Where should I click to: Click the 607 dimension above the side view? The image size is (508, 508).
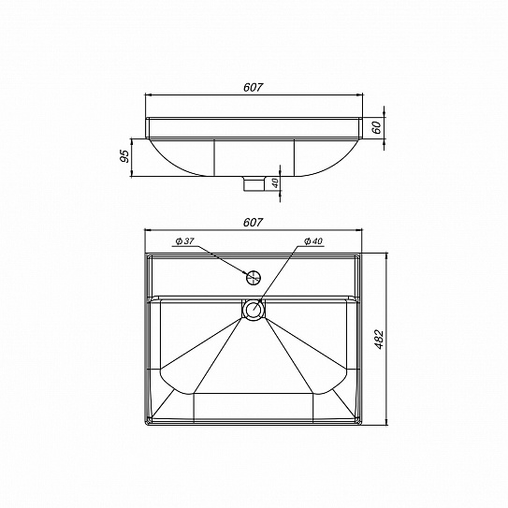click(x=254, y=88)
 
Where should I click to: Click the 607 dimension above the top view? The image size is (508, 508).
click(x=254, y=223)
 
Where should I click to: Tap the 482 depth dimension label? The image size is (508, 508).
click(x=379, y=340)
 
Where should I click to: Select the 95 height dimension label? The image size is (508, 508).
click(x=124, y=156)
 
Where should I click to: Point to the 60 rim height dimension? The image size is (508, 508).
click(x=376, y=128)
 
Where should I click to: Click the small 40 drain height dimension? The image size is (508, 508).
click(x=275, y=183)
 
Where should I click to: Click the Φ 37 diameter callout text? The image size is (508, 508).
click(x=184, y=241)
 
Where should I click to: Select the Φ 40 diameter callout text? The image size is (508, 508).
click(x=313, y=241)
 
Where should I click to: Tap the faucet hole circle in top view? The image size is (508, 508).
click(x=254, y=278)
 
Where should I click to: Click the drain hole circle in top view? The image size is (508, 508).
click(x=254, y=309)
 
